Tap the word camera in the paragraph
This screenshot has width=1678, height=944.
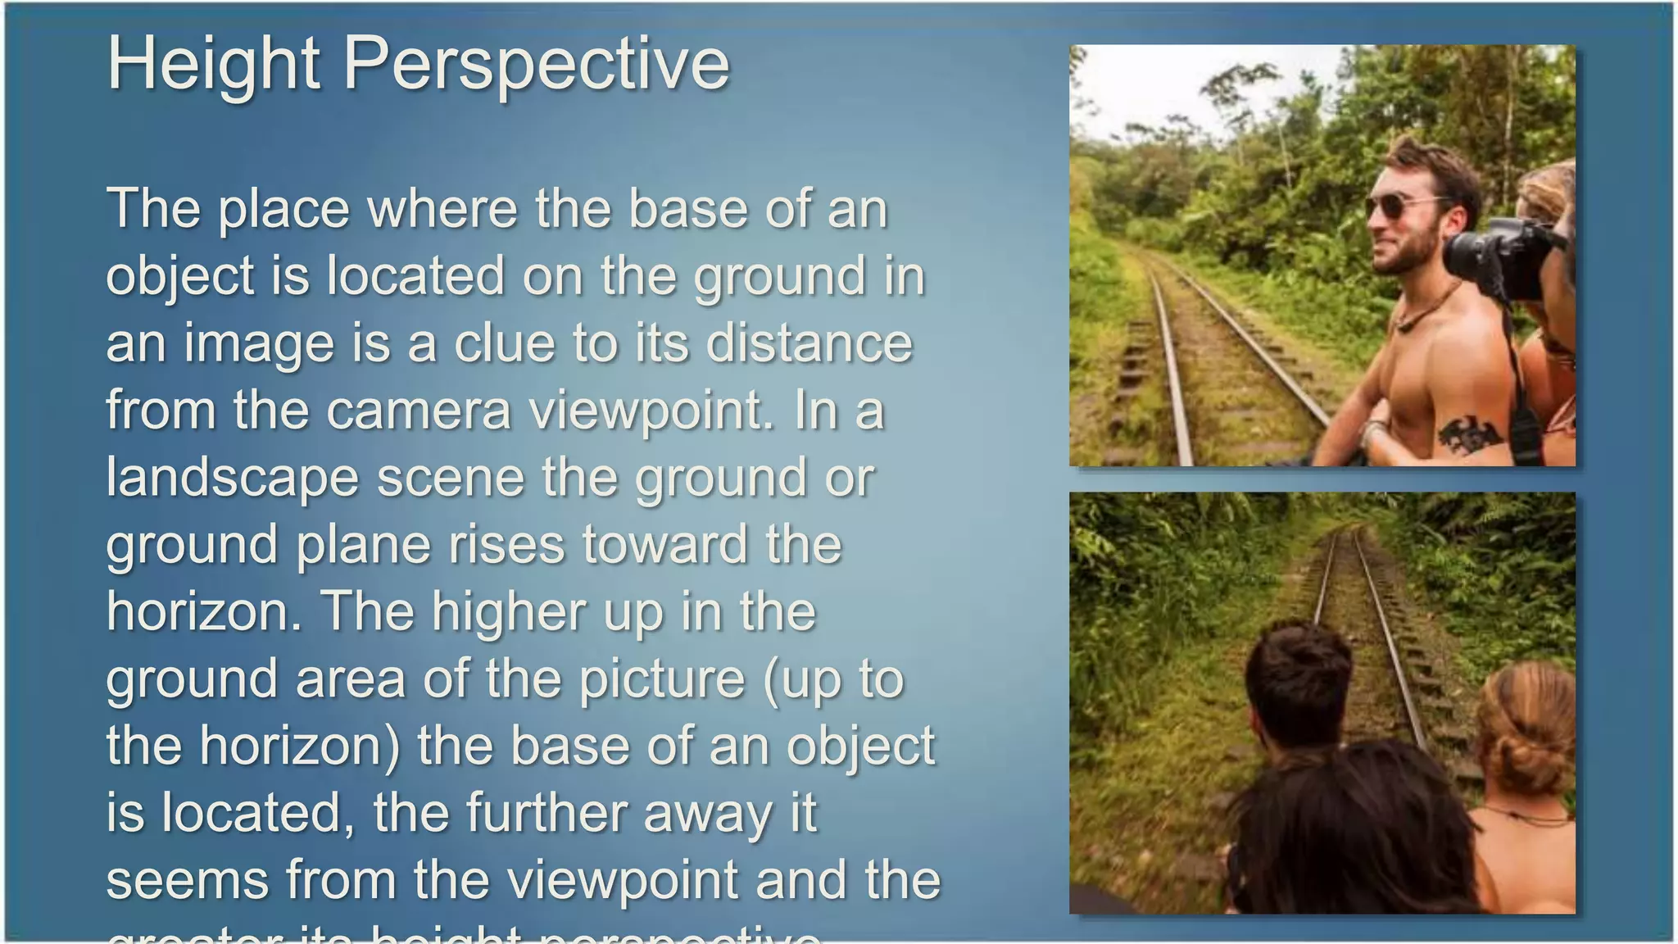click(419, 410)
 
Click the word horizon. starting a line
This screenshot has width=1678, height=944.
click(204, 611)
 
